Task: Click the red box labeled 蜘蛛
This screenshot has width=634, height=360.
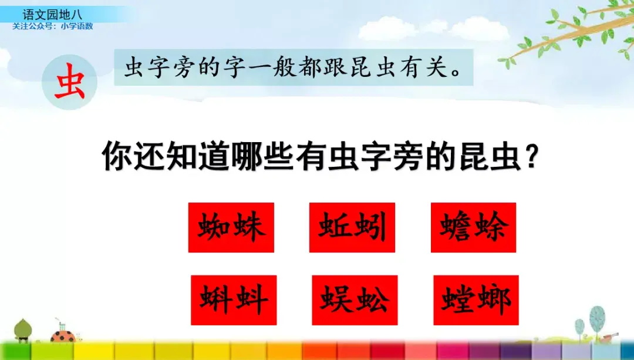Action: tap(231, 227)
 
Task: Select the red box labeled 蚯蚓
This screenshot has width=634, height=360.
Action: tap(352, 227)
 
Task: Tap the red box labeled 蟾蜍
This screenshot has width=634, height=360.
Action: tap(473, 227)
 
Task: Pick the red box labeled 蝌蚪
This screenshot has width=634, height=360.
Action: tap(234, 300)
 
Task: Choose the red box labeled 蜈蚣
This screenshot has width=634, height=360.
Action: tap(355, 300)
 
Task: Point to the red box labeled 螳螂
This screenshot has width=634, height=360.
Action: tap(476, 300)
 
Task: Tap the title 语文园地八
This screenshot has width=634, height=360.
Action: tap(53, 15)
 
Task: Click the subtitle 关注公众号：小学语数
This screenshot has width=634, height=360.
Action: tap(53, 26)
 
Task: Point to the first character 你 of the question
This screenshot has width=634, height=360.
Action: tap(117, 156)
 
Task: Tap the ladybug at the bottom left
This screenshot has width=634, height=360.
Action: tap(63, 335)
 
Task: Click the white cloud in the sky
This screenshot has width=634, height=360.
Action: tap(433, 29)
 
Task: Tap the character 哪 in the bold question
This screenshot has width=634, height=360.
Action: tap(247, 156)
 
